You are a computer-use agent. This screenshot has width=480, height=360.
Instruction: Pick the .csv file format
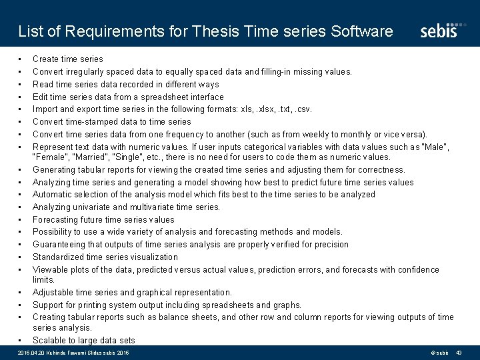(301, 109)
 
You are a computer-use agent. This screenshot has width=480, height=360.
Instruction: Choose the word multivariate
(158, 207)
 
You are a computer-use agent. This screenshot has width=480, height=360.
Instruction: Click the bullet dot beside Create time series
(21, 59)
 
